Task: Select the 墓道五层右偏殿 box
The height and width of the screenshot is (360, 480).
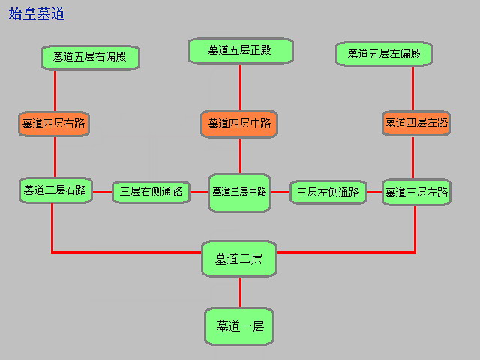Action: [x=90, y=57]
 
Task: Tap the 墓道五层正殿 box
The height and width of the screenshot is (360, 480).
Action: [x=240, y=50]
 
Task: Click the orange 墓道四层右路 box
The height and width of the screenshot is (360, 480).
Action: [x=54, y=124]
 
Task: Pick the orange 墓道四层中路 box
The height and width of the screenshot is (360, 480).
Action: [x=240, y=124]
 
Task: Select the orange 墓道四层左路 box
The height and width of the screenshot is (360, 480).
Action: [x=416, y=123]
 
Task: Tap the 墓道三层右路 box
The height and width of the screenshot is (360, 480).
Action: [x=54, y=190]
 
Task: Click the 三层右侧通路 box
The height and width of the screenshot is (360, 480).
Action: [x=151, y=192]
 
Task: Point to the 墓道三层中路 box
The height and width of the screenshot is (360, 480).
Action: [x=240, y=193]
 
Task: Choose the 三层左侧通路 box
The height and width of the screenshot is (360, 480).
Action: [x=328, y=193]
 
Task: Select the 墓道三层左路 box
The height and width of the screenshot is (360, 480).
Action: [x=416, y=192]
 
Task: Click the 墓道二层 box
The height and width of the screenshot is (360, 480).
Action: [x=240, y=259]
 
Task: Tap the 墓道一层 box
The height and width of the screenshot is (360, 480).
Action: [x=240, y=326]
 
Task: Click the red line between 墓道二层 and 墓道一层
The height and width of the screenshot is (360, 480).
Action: [x=240, y=292]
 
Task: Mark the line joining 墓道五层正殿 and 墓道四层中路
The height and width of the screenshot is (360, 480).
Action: [x=240, y=87]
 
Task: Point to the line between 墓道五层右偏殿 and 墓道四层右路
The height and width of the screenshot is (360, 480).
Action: [x=55, y=91]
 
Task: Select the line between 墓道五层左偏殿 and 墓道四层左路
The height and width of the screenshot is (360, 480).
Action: [x=412, y=88]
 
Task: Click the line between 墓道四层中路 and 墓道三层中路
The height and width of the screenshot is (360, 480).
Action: [x=240, y=156]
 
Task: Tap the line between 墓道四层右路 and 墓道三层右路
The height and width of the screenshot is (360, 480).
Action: [x=55, y=157]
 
